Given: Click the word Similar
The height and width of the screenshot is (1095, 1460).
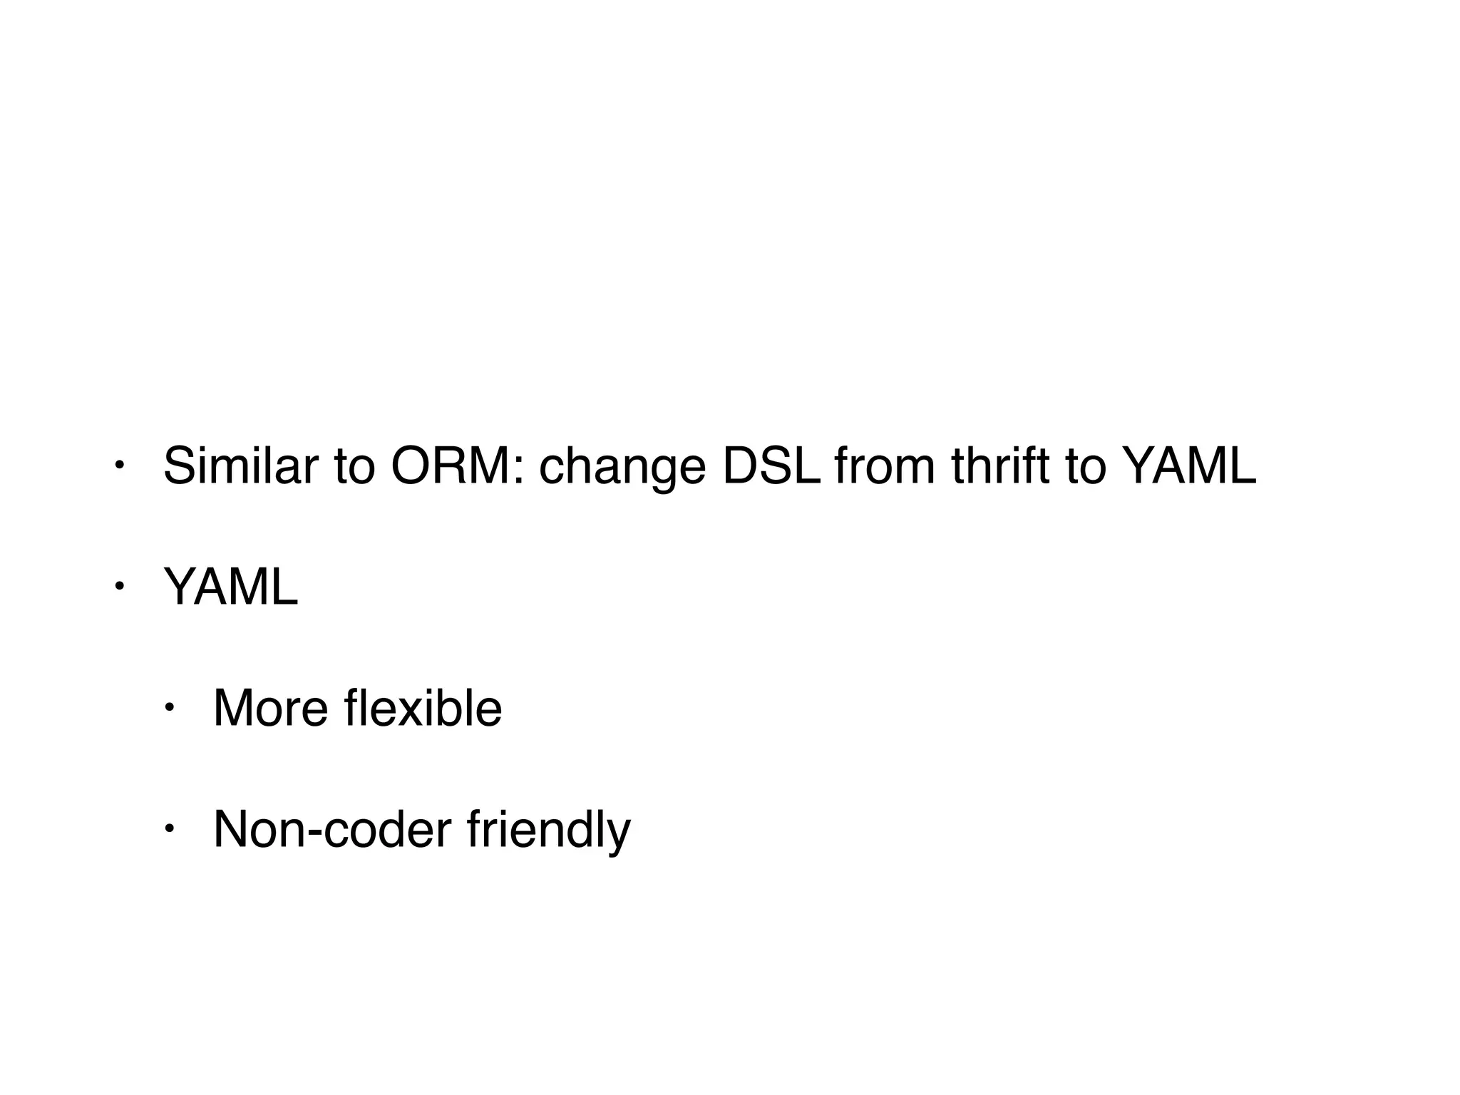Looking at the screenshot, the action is [x=240, y=466].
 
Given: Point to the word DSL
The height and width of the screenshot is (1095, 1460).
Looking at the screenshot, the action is [x=771, y=466].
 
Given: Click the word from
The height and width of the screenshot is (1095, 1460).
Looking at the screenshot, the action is [x=884, y=466].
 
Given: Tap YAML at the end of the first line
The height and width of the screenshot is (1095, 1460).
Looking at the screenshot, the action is [x=1188, y=466].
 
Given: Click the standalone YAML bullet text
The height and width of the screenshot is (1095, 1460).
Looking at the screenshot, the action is [x=230, y=587].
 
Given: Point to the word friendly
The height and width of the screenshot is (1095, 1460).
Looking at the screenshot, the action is [x=549, y=831].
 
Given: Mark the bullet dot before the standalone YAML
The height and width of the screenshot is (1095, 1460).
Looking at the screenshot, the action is [x=120, y=587].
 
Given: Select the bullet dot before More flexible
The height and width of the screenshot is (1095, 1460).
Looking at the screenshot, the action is [x=170, y=708].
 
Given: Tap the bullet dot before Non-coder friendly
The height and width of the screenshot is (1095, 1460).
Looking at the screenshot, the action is [x=170, y=829].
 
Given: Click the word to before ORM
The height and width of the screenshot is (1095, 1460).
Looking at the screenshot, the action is [x=354, y=466].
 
